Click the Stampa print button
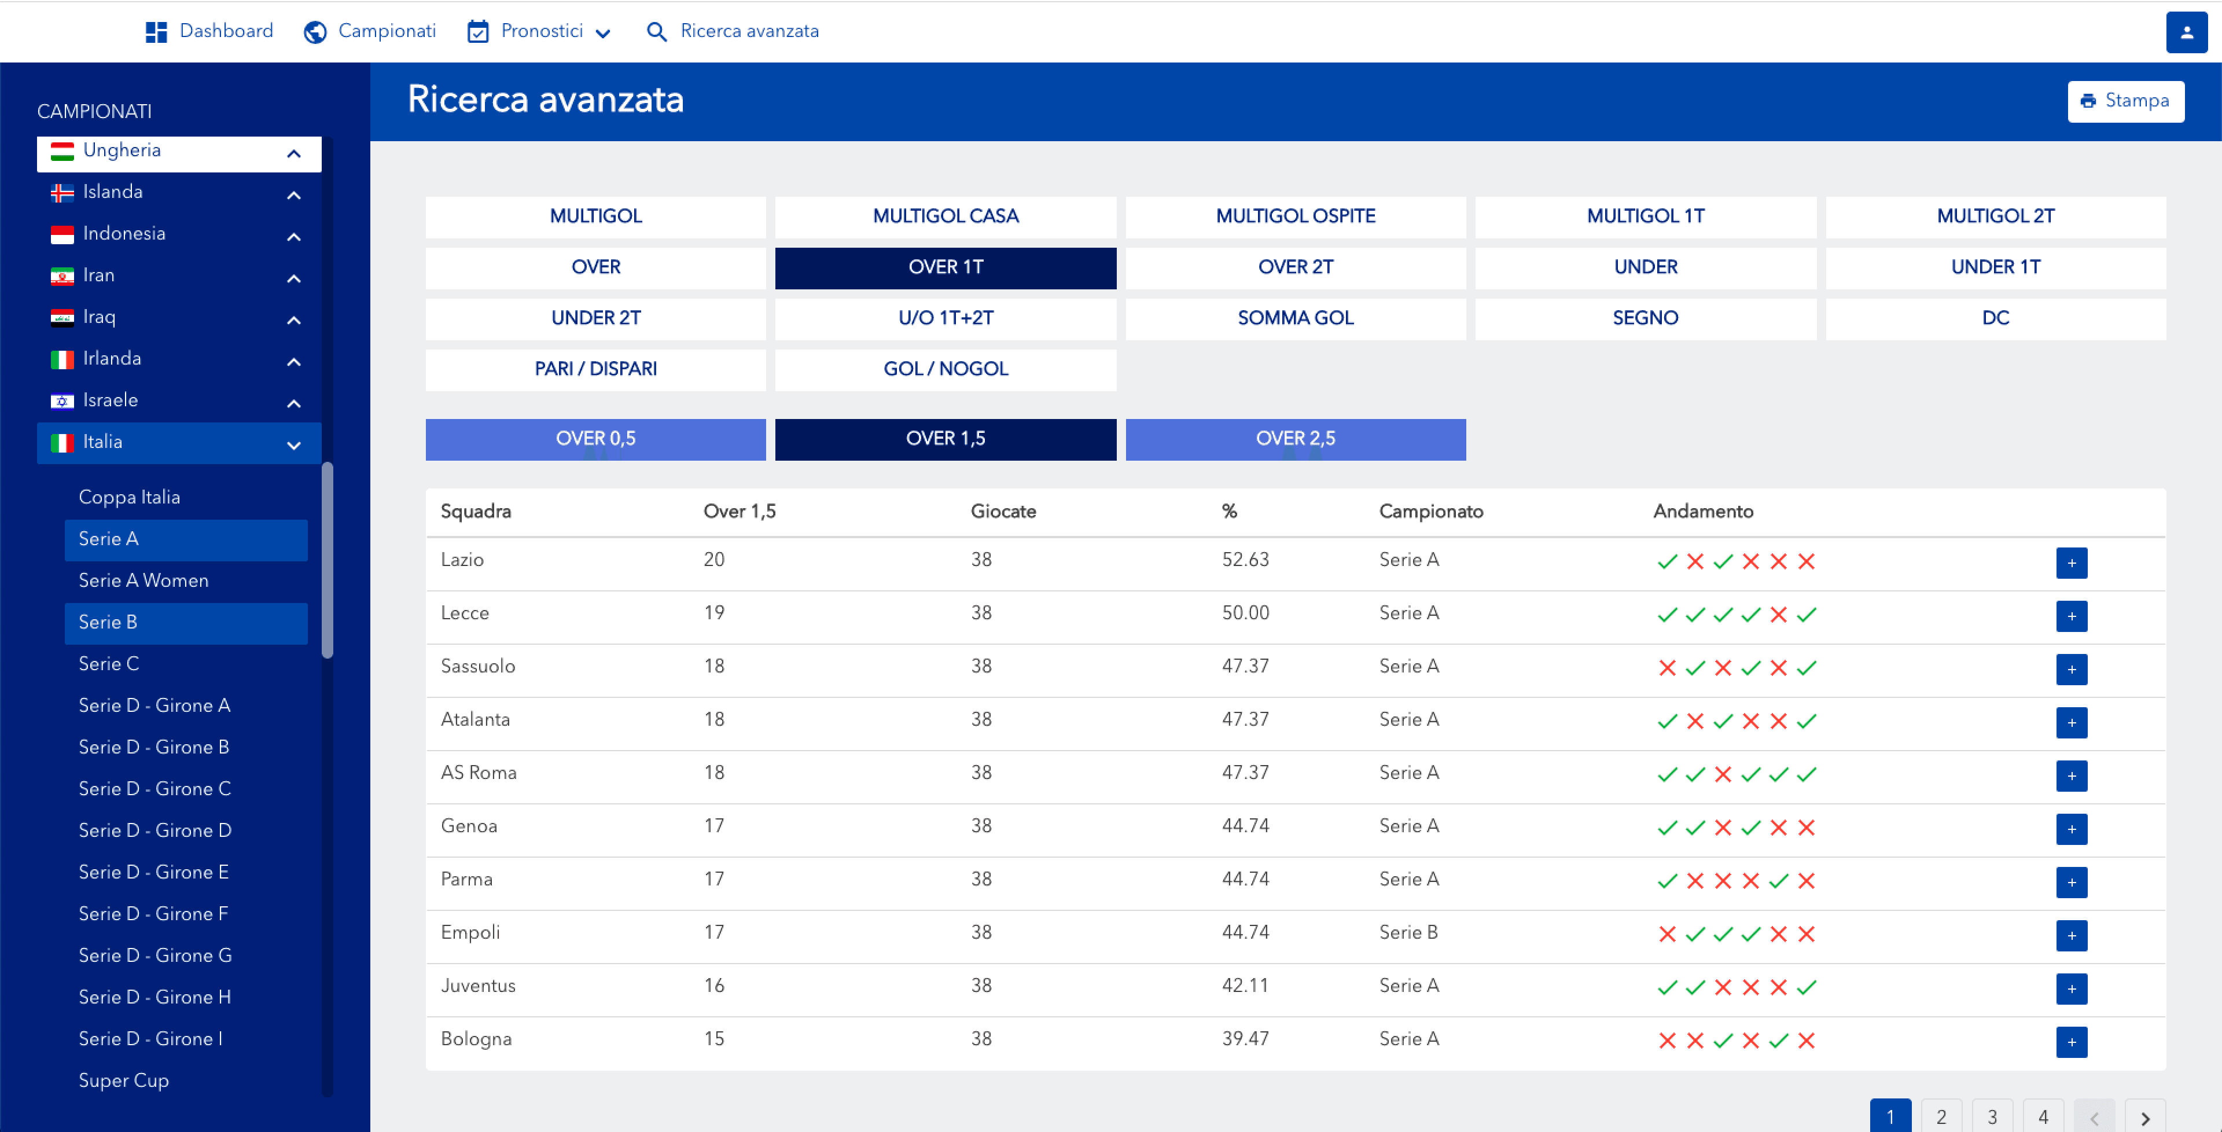click(x=2125, y=101)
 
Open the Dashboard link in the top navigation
click(x=209, y=31)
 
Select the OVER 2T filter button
click(x=1295, y=267)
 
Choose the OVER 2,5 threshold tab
click(x=1295, y=439)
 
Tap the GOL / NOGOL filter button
click(x=946, y=369)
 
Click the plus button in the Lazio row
click(x=2071, y=563)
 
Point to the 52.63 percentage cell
click(x=1245, y=560)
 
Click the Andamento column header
click(x=1703, y=512)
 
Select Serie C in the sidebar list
click(x=109, y=663)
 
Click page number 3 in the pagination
click(x=1992, y=1116)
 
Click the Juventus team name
click(x=478, y=986)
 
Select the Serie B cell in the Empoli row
click(x=1408, y=933)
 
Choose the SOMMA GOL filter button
click(x=1295, y=318)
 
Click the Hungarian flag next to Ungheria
click(x=62, y=152)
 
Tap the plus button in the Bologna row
click(x=2071, y=1041)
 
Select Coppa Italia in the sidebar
click(x=130, y=497)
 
